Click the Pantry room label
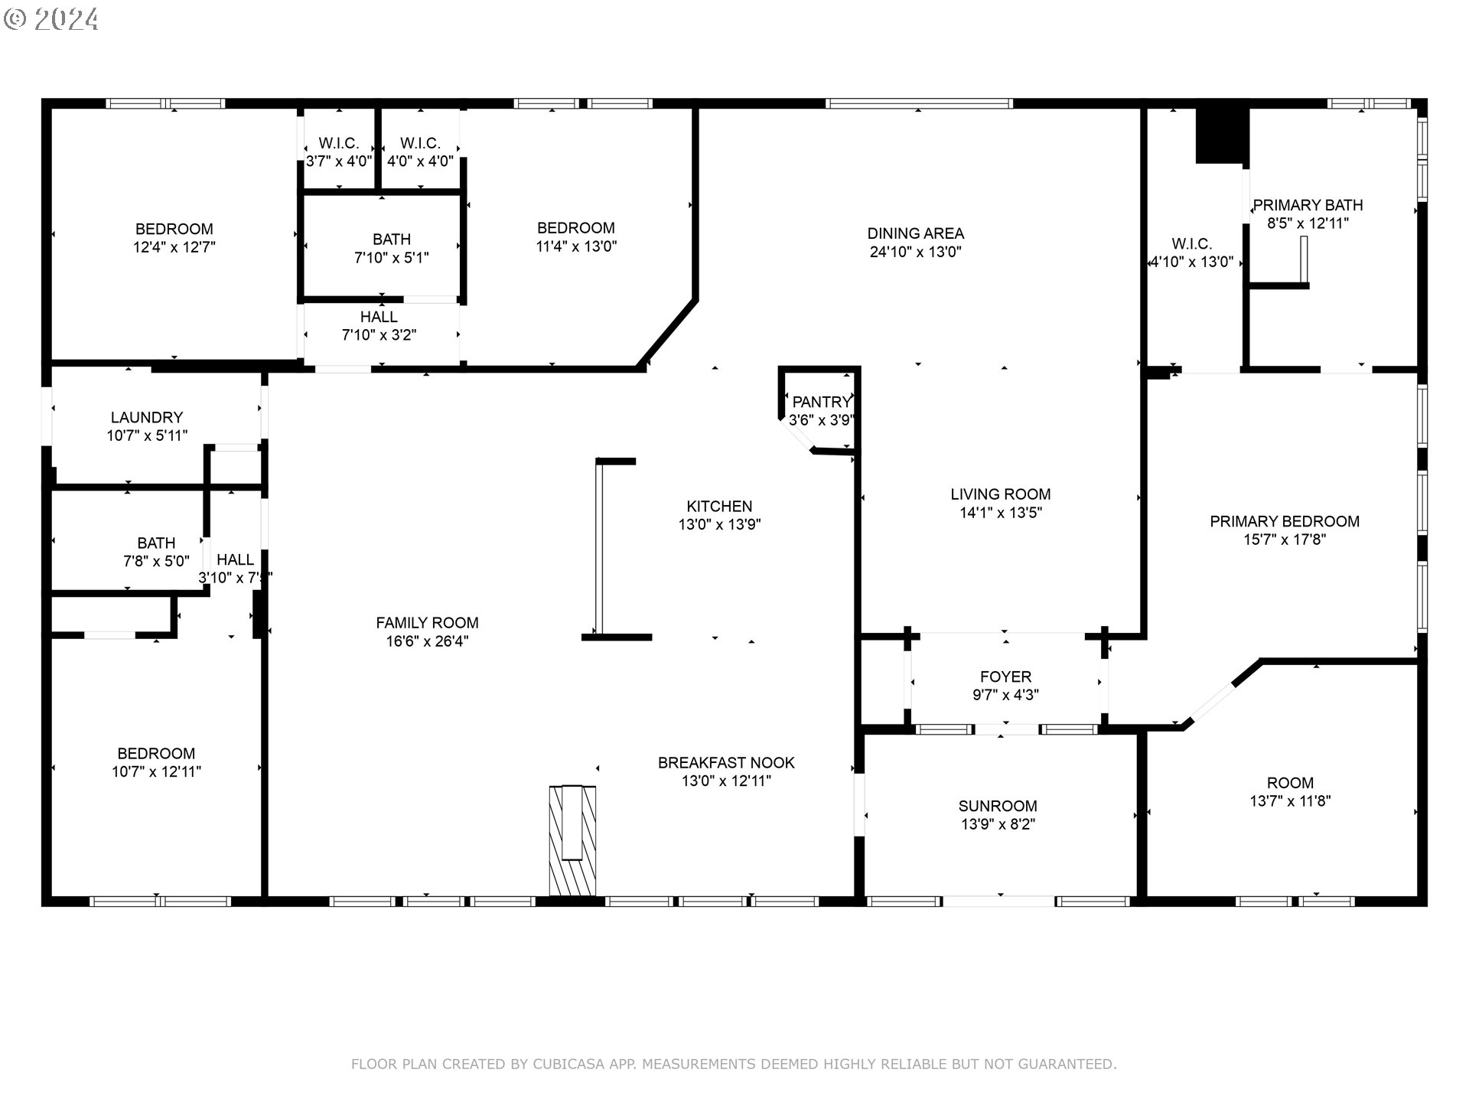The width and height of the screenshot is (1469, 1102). [x=821, y=402]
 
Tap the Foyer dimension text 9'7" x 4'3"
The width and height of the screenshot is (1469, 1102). [x=1005, y=695]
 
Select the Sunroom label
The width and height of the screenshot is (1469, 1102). [x=998, y=806]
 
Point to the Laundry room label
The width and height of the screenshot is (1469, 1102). [x=147, y=417]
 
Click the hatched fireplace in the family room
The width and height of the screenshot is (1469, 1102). [x=572, y=840]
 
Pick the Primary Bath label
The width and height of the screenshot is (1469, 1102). [x=1308, y=205]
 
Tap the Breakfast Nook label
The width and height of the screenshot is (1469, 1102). [x=726, y=762]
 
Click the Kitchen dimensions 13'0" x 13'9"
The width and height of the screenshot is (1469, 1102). [x=719, y=524]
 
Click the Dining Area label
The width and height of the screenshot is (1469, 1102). [x=915, y=233]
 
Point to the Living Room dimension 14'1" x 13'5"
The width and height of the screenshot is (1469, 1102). [x=1001, y=513]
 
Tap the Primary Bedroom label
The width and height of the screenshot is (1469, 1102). [x=1285, y=521]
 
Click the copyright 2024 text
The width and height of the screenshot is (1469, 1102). [x=51, y=19]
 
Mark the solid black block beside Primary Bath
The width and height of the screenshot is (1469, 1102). [x=1223, y=135]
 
